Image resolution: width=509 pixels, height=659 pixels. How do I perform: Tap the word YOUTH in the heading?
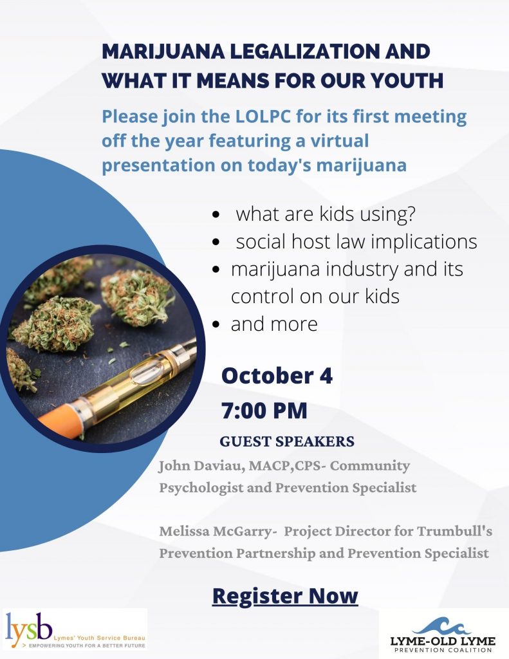coord(405,80)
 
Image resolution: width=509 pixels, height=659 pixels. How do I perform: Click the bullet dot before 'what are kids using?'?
coord(216,215)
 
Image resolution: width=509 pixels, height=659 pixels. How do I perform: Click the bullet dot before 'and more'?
coord(216,324)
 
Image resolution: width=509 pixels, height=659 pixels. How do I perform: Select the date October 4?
coord(277,376)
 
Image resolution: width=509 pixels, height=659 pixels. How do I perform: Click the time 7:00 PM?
coord(264,411)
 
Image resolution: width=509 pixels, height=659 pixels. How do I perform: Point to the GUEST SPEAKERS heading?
coord(287,441)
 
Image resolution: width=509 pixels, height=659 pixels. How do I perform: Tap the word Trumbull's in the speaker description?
coord(454,531)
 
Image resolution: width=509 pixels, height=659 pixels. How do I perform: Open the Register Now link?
coord(285,596)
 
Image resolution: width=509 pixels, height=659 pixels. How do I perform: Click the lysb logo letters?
coord(29,629)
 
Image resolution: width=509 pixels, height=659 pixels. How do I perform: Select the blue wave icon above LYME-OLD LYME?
coord(441,626)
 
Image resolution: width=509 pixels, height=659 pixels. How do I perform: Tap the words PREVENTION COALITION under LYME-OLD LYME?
coord(443,650)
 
